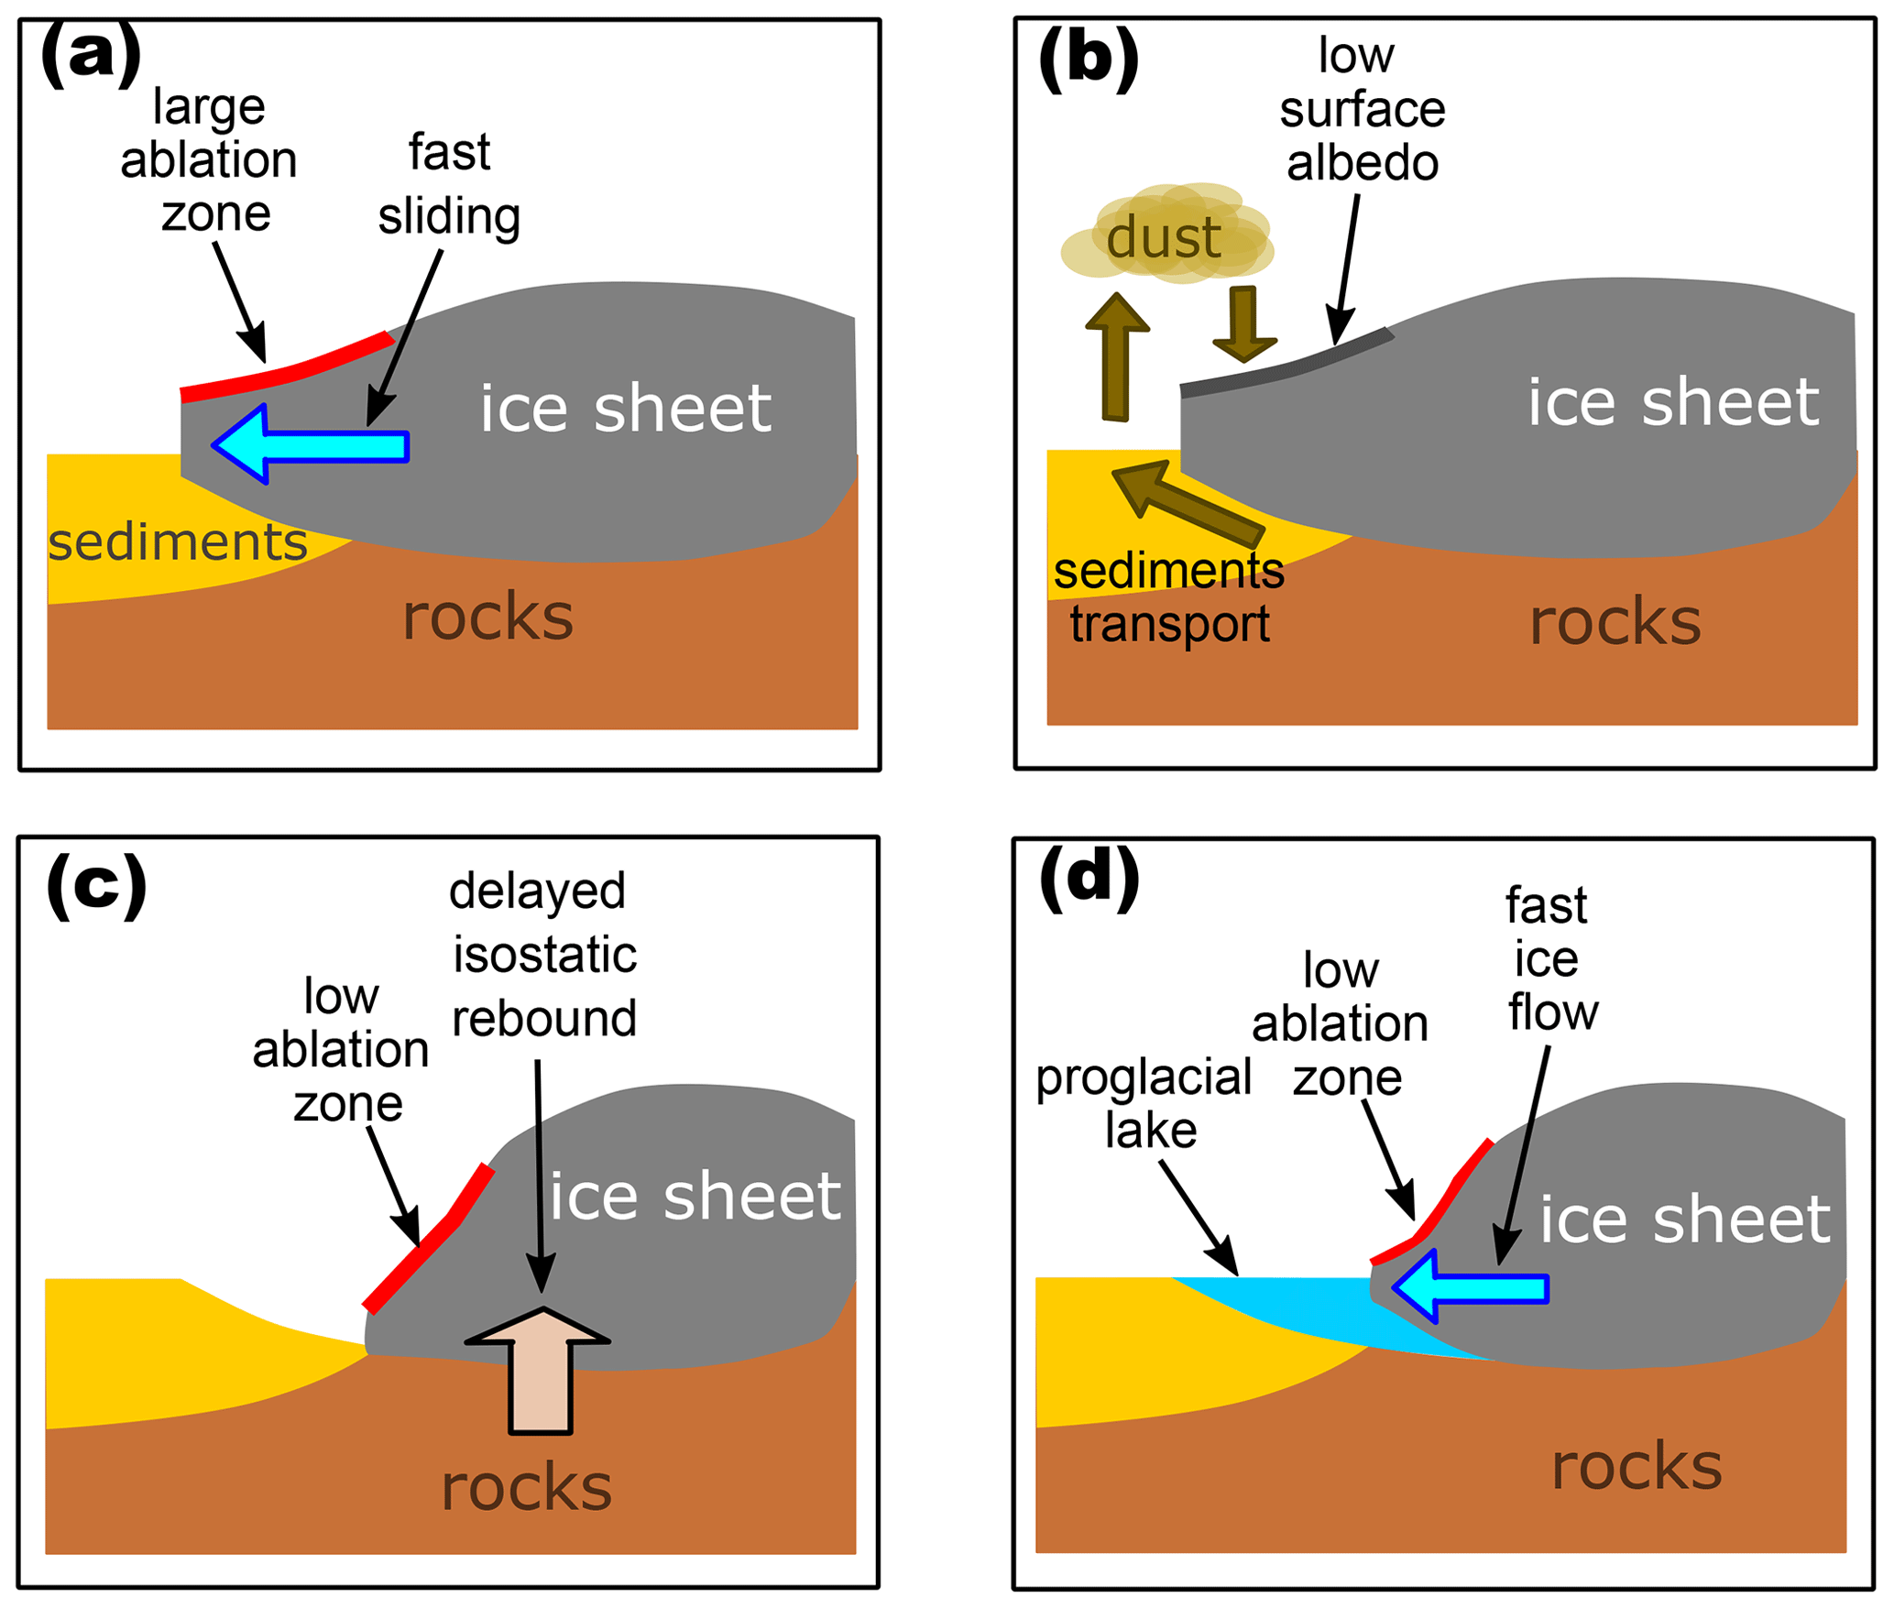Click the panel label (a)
tap(91, 57)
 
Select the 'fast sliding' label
tap(449, 184)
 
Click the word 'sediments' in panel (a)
tap(177, 541)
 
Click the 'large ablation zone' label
tap(210, 159)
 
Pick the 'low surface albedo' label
tap(1362, 109)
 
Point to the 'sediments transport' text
tap(1169, 597)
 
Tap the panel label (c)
tap(96, 886)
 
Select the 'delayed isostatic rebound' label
tap(542, 954)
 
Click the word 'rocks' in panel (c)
tap(526, 1486)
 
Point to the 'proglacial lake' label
tap(1145, 1103)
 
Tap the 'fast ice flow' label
tap(1550, 958)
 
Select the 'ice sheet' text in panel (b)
tap(1672, 402)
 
